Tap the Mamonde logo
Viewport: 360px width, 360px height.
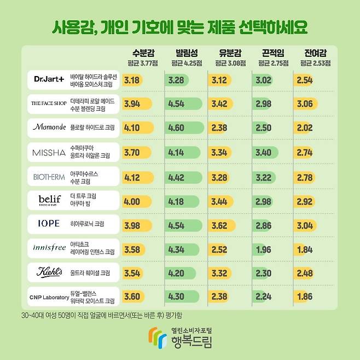[x=49, y=127]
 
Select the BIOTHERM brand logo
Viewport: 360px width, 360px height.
[x=48, y=177]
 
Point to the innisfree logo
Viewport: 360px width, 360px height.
[x=49, y=247]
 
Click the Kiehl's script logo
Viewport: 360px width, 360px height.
[x=49, y=272]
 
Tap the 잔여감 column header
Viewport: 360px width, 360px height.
[x=316, y=53]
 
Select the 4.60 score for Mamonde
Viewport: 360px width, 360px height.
[x=177, y=128]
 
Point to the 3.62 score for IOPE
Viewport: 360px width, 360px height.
[x=220, y=225]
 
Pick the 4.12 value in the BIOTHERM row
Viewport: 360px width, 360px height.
[x=132, y=177]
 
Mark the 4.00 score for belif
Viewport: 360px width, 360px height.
[x=132, y=201]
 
